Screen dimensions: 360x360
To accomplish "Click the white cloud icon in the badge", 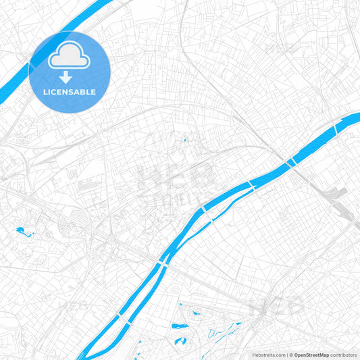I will [70, 58].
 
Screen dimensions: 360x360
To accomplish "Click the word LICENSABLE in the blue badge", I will [70, 92].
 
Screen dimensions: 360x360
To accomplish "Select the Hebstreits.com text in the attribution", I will [269, 355].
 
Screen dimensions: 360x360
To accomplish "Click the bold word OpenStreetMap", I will [311, 355].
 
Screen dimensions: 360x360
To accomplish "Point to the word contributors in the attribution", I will [344, 355].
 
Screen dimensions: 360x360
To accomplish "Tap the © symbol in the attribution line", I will [290, 355].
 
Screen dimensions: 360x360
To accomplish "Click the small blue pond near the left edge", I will [24, 233].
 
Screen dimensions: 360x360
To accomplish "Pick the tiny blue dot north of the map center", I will [183, 140].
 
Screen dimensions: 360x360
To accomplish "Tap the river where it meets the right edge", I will [353, 120].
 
